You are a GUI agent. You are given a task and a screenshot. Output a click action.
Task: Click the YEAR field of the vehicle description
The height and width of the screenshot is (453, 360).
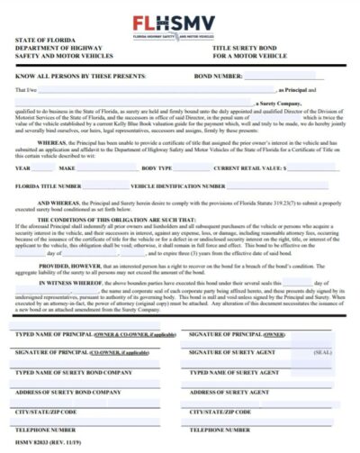point(43,168)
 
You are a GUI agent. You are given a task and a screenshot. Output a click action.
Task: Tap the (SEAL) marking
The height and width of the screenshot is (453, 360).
point(322,353)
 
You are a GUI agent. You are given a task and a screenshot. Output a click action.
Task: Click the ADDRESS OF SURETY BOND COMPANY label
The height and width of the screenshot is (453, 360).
point(67,392)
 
